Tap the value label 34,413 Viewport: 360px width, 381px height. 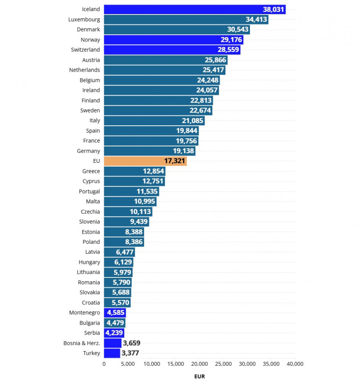coord(256,19)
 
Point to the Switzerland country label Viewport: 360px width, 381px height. coord(85,50)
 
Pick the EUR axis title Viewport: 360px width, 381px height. coord(199,376)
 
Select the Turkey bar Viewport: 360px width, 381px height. coord(112,353)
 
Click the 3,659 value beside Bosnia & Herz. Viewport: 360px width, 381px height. coord(132,343)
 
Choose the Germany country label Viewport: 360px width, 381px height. coord(88,151)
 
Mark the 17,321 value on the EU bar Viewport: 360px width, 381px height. coord(174,161)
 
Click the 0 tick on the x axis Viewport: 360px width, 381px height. coord(104,364)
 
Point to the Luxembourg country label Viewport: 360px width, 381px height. coord(84,19)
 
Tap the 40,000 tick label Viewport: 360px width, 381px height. coord(295,364)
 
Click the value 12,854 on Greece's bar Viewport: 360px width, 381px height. coord(153,171)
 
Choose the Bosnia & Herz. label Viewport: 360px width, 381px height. coord(82,343)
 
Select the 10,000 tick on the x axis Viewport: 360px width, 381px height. coord(152,364)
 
